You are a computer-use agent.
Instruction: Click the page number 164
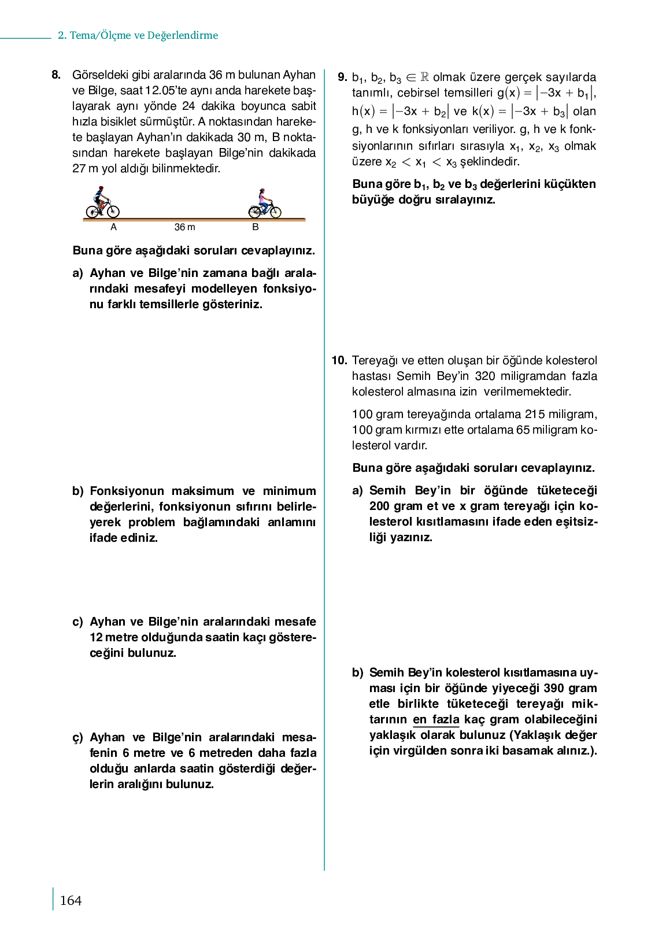(71, 900)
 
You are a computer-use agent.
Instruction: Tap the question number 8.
(56, 75)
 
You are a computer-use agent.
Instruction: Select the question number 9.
(342, 77)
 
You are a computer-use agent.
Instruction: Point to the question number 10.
(339, 360)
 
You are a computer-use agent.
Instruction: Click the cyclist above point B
(265, 204)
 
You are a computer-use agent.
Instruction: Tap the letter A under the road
(113, 227)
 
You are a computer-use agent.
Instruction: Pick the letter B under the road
(256, 227)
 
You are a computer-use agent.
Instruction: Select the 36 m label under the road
(185, 227)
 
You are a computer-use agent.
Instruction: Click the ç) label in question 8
(78, 737)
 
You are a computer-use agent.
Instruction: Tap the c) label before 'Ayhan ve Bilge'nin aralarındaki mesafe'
(78, 622)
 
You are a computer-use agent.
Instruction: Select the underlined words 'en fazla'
(436, 719)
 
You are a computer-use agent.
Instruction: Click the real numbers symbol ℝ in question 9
(424, 77)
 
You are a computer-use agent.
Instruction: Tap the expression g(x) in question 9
(509, 93)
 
